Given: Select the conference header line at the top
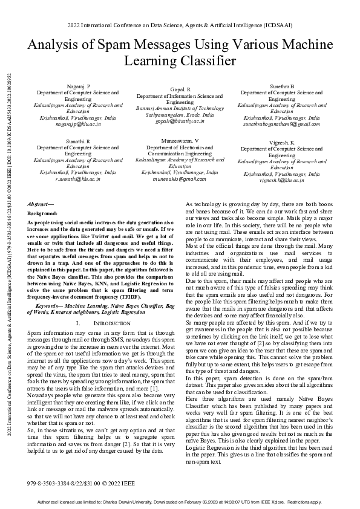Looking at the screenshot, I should click(x=180, y=27).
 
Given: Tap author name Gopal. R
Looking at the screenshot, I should click(x=180, y=89).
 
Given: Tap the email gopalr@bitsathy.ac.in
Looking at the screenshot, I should click(x=180, y=120).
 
